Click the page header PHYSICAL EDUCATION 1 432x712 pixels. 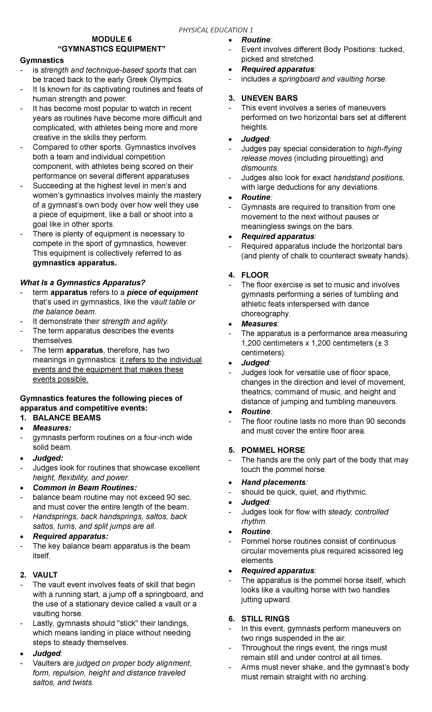point(216,30)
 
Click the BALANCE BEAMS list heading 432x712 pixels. point(67,418)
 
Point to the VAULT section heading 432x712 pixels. point(45,575)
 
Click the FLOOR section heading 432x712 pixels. point(255,275)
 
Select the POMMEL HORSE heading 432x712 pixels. point(273,450)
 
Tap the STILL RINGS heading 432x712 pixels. point(265,619)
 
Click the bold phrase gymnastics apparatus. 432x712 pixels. point(75,263)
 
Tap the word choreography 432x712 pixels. point(265,313)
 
